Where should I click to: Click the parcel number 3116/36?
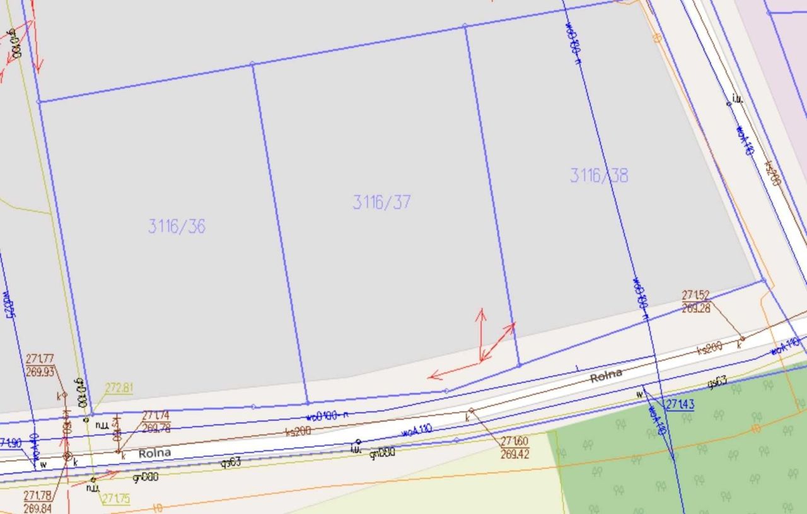177,226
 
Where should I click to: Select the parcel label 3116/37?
381,202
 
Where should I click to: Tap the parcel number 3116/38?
599,175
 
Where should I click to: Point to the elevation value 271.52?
695,295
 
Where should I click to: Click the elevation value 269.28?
695,308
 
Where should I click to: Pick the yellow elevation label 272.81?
119,388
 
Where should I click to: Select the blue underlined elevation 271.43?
680,404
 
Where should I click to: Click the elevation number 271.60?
514,441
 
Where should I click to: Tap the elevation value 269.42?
514,454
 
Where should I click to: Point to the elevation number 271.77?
40,359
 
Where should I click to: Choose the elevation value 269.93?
40,372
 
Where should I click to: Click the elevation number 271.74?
156,416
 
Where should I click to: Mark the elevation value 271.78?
38,496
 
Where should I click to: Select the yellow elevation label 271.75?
116,499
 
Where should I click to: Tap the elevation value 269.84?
38,508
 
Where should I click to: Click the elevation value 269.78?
156,428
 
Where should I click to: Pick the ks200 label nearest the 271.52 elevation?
709,348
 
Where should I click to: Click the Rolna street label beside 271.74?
154,453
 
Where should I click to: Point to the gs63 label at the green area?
717,381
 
